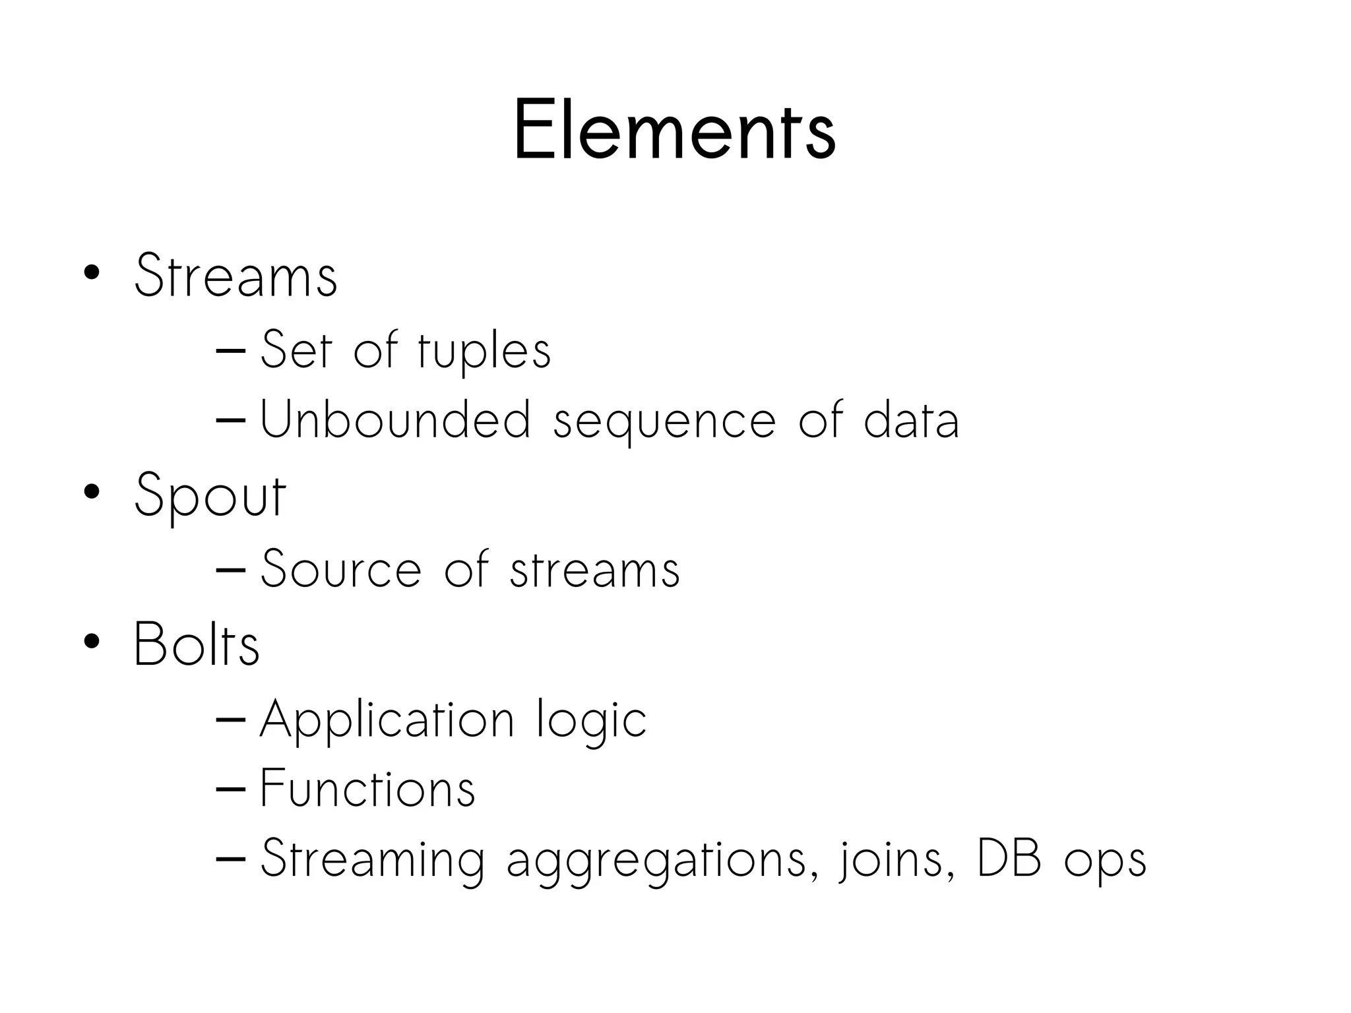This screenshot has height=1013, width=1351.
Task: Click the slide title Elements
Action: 674,130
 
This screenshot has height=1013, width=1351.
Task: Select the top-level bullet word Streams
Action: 236,276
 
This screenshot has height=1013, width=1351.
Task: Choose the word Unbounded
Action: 395,419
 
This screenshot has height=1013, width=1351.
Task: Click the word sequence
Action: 664,422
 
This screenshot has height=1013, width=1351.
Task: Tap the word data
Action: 911,419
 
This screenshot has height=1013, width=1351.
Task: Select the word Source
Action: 340,568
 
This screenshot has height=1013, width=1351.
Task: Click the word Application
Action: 387,720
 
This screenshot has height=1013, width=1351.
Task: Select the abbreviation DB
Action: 1009,858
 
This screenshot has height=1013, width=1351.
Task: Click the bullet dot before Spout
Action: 92,491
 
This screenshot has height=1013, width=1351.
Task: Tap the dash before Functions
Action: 230,789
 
